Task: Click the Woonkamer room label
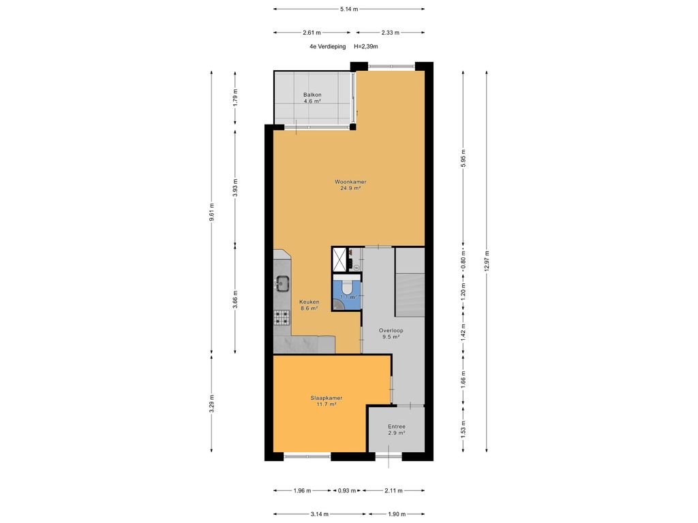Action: [350, 182]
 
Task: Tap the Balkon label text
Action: [312, 95]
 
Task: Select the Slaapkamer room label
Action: [326, 398]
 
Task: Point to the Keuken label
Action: [309, 301]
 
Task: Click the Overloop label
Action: [392, 330]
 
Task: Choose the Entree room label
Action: [396, 426]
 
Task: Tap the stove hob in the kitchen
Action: [282, 317]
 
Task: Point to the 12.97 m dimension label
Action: [487, 261]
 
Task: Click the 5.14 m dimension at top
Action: [349, 9]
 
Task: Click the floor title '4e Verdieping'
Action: [327, 47]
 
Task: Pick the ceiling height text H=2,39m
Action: [366, 47]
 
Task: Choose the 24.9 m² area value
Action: [350, 189]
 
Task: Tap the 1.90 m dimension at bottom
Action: [394, 514]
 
